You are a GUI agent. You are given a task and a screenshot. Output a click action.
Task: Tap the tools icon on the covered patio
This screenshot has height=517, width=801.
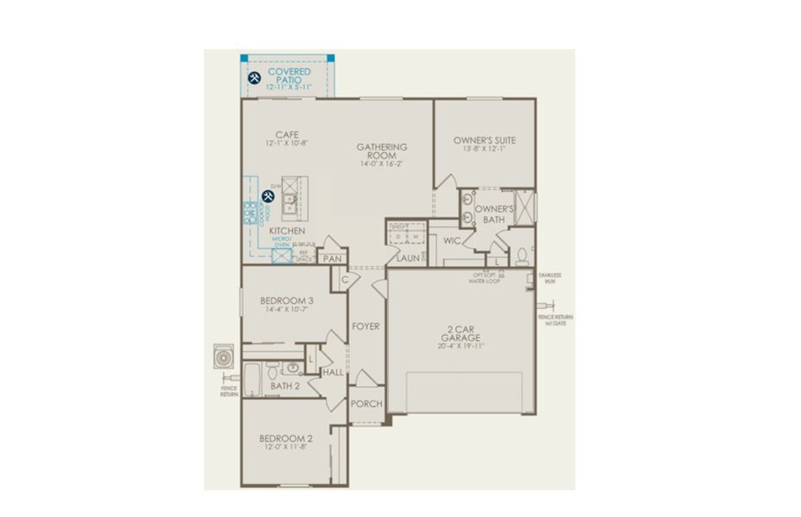coord(254,78)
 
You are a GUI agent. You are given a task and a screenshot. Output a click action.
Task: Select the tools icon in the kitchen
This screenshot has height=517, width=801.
coord(268,196)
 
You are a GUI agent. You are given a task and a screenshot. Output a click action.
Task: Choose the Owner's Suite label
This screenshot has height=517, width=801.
coord(484,140)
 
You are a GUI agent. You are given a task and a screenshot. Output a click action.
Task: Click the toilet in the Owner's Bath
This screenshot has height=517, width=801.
coord(523,256)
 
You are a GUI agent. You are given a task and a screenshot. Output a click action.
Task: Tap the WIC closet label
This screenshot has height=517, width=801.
coord(452,240)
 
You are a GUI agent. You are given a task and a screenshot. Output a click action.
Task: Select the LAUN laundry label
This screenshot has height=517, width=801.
coord(408,257)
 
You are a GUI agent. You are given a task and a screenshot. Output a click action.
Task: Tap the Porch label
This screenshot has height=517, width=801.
coord(366,404)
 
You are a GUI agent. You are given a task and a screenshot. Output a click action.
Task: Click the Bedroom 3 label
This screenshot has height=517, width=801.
coord(286,301)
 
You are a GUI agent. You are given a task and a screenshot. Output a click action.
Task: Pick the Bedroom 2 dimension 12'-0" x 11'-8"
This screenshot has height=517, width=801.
coord(286,447)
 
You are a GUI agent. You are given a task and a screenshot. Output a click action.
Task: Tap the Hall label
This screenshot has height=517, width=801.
coord(333,372)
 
